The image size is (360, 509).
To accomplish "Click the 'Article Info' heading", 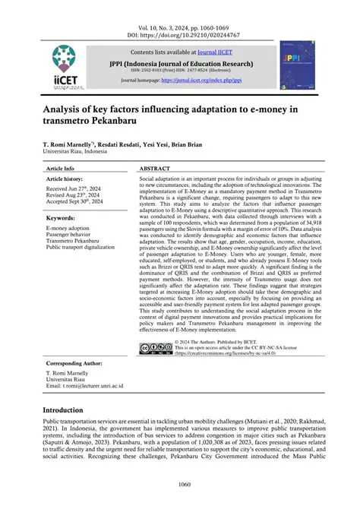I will (x=61, y=167).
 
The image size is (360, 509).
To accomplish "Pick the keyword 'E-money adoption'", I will (x=68, y=227).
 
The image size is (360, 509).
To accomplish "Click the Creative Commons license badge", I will (x=156, y=348).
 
